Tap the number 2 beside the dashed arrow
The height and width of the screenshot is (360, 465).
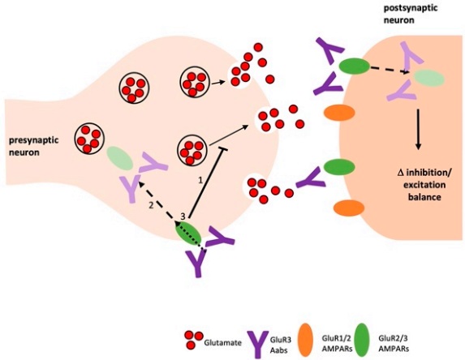click(150, 207)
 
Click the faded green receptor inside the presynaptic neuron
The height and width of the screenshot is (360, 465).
click(118, 156)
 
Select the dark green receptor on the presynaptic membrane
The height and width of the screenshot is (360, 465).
click(189, 233)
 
